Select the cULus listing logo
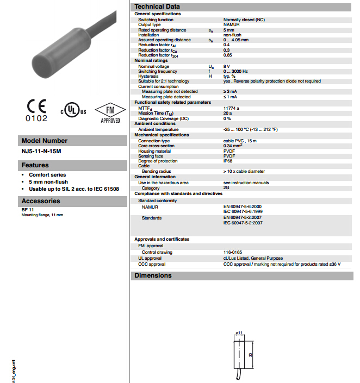73,111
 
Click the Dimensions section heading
154,276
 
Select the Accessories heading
41,201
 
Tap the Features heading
35,165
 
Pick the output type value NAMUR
231,24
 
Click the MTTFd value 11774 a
231,108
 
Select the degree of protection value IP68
228,161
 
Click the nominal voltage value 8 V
226,67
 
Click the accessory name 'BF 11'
27,210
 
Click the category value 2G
226,188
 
